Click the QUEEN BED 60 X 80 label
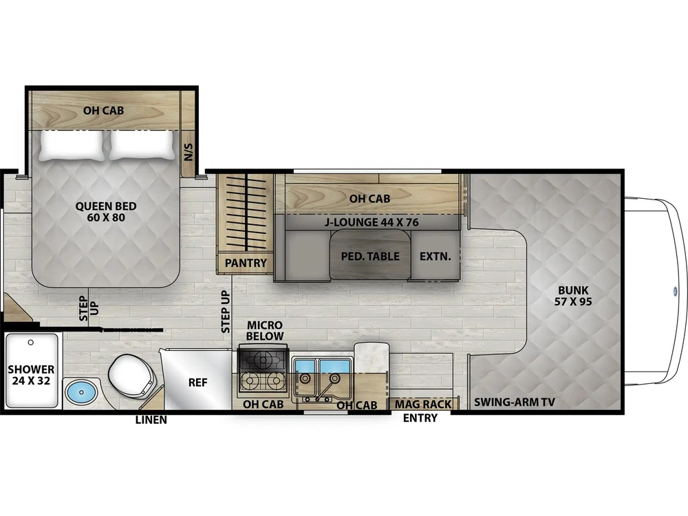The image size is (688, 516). pyautogui.click(x=106, y=212)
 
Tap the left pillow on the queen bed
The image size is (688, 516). pyautogui.click(x=72, y=144)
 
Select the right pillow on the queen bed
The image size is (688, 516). pyautogui.click(x=141, y=144)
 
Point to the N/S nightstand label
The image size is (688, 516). pyautogui.click(x=189, y=152)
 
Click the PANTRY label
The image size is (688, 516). pyautogui.click(x=246, y=263)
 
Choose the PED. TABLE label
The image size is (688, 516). pyautogui.click(x=370, y=256)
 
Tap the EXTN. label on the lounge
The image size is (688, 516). pyautogui.click(x=435, y=256)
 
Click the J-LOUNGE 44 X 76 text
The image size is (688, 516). pyautogui.click(x=372, y=222)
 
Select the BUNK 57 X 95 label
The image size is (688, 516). pyautogui.click(x=574, y=296)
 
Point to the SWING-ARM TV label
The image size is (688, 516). pyautogui.click(x=514, y=402)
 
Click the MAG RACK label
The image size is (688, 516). pyautogui.click(x=423, y=404)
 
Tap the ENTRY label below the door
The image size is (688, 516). pyautogui.click(x=420, y=418)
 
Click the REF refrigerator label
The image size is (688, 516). pyautogui.click(x=197, y=383)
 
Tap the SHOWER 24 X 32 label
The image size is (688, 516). pyautogui.click(x=31, y=375)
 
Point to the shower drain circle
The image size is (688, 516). pyautogui.click(x=31, y=342)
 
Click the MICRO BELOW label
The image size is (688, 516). pyautogui.click(x=265, y=331)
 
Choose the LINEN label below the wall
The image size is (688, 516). pyautogui.click(x=151, y=420)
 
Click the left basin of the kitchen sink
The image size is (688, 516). pyautogui.click(x=305, y=367)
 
